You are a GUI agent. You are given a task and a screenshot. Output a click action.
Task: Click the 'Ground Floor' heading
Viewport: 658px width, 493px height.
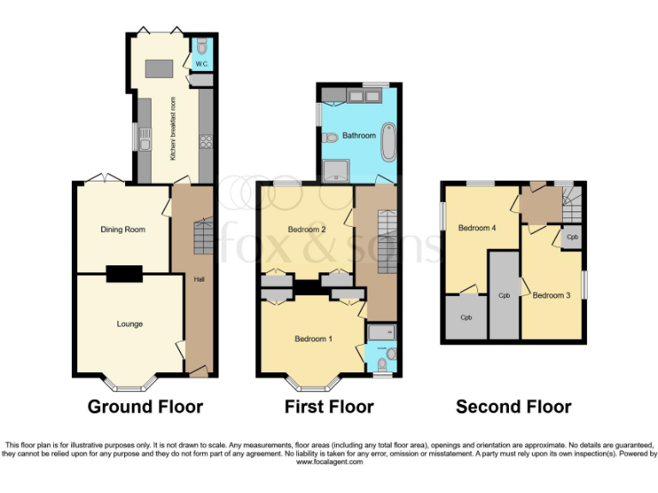click(x=145, y=407)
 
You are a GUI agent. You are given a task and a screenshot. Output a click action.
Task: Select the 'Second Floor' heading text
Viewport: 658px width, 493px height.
click(x=513, y=407)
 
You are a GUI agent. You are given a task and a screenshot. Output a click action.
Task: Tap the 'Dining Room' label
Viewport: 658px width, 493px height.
click(x=123, y=229)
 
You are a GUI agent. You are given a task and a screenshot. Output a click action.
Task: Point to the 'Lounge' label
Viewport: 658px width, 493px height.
click(x=129, y=324)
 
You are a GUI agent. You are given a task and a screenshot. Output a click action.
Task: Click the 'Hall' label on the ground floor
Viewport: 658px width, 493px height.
click(x=199, y=279)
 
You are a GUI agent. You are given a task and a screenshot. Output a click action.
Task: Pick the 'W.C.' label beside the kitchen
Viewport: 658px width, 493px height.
click(x=201, y=64)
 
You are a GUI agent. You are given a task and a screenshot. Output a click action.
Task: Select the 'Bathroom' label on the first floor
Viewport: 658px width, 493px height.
click(x=359, y=135)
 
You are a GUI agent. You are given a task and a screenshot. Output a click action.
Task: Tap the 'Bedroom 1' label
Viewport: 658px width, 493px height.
click(x=313, y=339)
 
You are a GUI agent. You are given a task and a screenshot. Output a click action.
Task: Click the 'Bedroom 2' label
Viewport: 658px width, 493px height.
click(x=306, y=229)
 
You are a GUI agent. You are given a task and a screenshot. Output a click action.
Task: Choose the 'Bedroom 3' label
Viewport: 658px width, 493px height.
click(x=551, y=295)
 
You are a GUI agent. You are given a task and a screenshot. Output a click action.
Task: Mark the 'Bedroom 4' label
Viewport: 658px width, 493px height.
click(x=476, y=228)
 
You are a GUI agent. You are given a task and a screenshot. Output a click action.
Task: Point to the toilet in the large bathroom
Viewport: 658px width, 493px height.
click(x=330, y=139)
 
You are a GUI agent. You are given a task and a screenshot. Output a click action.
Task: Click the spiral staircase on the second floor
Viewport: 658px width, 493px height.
click(x=571, y=204)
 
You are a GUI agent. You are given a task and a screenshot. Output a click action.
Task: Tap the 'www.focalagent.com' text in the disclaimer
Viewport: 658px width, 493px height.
click(x=329, y=461)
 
